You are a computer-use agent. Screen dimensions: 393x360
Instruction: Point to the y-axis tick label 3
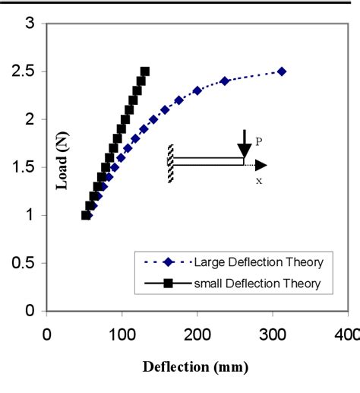(30, 24)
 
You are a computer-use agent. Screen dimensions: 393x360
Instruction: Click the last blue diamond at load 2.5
(282, 71)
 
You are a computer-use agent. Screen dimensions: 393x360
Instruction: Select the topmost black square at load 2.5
(144, 71)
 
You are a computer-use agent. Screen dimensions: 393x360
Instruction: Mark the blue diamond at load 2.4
(225, 81)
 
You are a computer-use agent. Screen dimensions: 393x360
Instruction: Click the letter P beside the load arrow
(258, 140)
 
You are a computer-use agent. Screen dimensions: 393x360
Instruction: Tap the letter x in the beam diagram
(259, 181)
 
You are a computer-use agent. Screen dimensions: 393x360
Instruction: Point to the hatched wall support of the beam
(171, 163)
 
